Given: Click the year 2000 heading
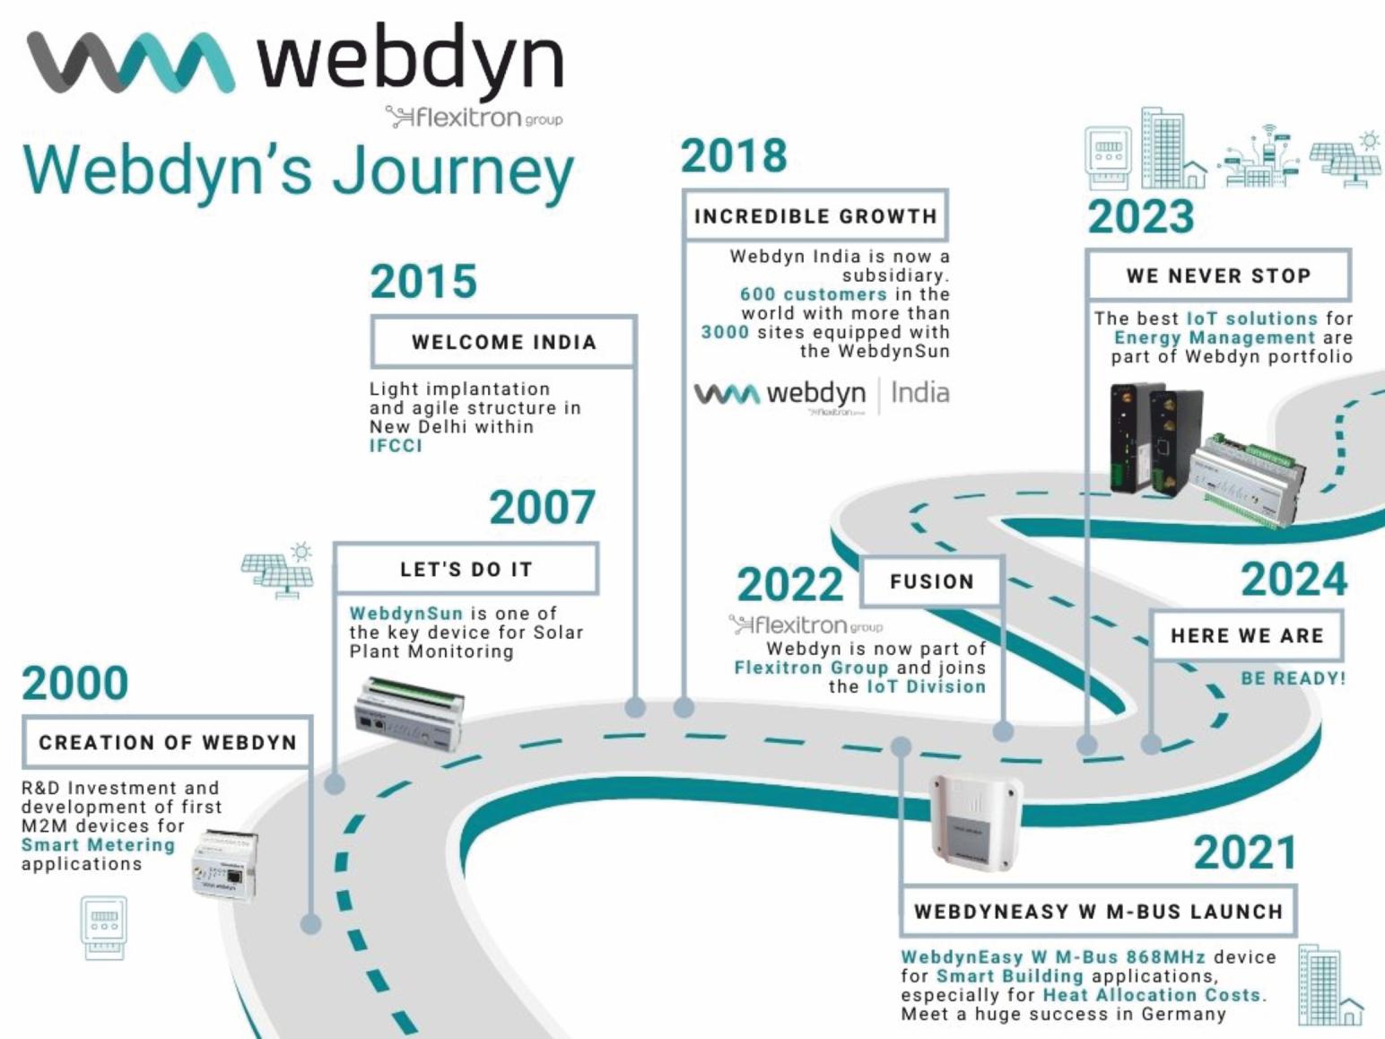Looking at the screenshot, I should coord(75,683).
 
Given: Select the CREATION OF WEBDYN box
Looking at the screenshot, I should coord(167,742).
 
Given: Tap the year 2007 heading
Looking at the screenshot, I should coord(542,508).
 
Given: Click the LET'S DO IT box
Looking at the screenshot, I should coord(466,569).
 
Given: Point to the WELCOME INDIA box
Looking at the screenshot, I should coord(503,342).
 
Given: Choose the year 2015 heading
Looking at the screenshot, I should coord(423,282).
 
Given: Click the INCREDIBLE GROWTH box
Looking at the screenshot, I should coord(814,216).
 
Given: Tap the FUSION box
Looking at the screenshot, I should coord(931,581).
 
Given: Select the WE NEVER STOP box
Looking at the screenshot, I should coord(1218,275).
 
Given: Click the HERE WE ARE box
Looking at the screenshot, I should coord(1246,635).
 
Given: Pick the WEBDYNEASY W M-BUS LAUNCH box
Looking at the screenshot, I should coord(1098,912).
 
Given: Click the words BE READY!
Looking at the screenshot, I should coord(1293,678).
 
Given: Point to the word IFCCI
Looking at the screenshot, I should coord(396,446).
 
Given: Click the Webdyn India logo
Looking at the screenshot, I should coord(821,395).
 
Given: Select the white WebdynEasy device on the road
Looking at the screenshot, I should coord(974,820).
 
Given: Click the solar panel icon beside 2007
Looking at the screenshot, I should coord(278,570).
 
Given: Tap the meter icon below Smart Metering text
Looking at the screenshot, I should coord(103,927).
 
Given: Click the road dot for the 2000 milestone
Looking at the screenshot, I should coord(310,923).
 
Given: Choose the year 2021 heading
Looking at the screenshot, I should coord(1244,852).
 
